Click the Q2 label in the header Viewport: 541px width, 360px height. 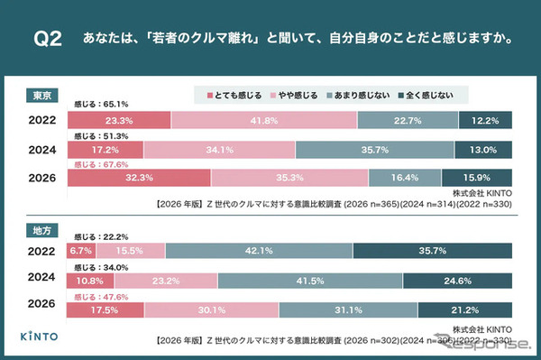(47, 39)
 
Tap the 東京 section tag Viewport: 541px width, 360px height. (41, 94)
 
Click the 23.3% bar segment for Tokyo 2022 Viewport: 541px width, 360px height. (118, 119)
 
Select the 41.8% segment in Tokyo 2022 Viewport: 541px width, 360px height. (264, 119)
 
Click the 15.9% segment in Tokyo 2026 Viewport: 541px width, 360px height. (477, 179)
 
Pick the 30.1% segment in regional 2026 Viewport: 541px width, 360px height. (212, 310)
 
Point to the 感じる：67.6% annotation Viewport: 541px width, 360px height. (98, 164)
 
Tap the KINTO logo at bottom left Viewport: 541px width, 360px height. (41, 336)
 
